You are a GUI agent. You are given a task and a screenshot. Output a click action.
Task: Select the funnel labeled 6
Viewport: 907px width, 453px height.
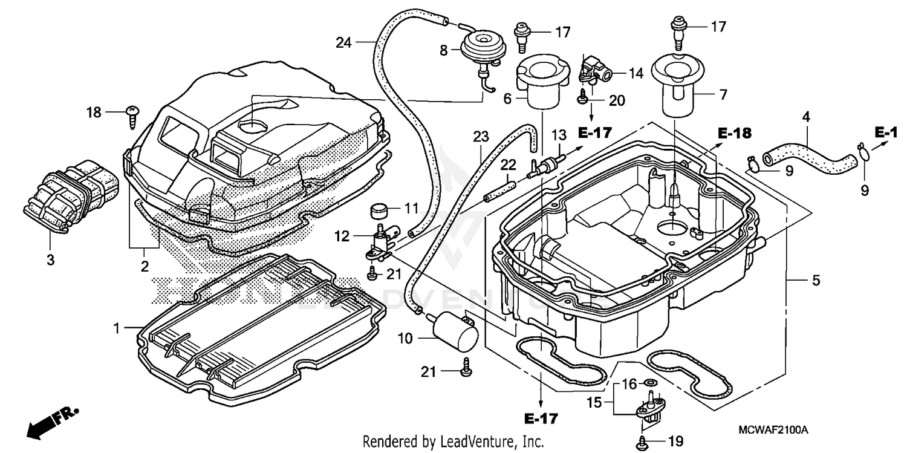[538, 85]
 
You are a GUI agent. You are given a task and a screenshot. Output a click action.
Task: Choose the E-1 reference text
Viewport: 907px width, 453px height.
[886, 131]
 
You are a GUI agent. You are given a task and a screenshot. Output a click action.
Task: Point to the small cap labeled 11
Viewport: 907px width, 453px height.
[380, 212]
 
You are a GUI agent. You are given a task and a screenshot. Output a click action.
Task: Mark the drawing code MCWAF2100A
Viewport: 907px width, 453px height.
[773, 430]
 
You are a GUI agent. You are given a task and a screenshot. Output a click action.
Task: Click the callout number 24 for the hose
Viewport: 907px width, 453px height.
[344, 42]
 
